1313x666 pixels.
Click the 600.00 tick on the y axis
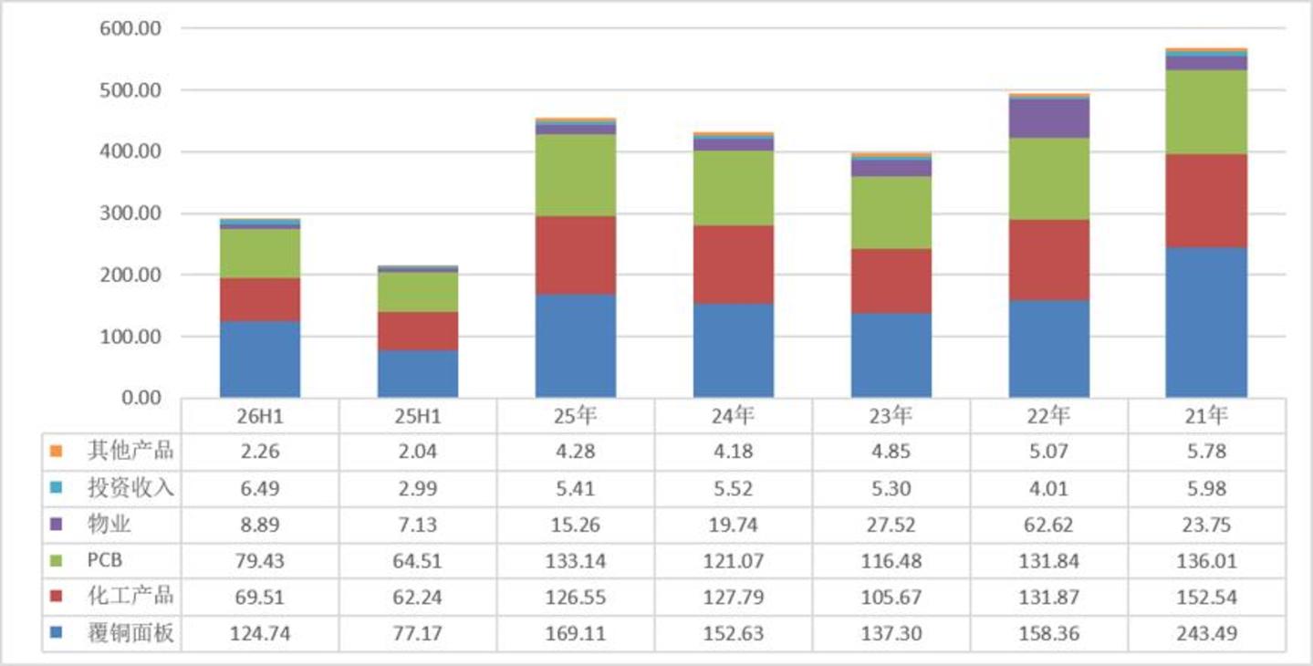[x=130, y=28]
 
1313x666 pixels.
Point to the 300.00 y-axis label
[x=130, y=213]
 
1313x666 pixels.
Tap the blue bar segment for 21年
[x=1206, y=322]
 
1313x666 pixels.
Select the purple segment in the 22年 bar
[x=1049, y=119]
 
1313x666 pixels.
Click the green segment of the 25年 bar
[x=576, y=175]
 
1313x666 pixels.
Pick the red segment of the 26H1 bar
[x=260, y=299]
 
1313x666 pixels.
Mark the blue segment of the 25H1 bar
[x=418, y=374]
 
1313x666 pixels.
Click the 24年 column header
[x=733, y=416]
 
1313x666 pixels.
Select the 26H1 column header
[x=260, y=416]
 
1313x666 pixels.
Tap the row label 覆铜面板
[x=130, y=633]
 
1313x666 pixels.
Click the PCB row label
[x=105, y=560]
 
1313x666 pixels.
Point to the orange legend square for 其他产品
[x=57, y=451]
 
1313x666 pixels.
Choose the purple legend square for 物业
[x=57, y=524]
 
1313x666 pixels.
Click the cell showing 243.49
[x=1207, y=633]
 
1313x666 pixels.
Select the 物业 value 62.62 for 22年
[x=1048, y=524]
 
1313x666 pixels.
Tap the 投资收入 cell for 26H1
[x=260, y=488]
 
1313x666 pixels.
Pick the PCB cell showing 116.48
[x=891, y=561]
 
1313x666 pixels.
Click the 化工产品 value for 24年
[x=734, y=597]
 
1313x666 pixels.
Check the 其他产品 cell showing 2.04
[x=418, y=452]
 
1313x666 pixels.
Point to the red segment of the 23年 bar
[x=891, y=281]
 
